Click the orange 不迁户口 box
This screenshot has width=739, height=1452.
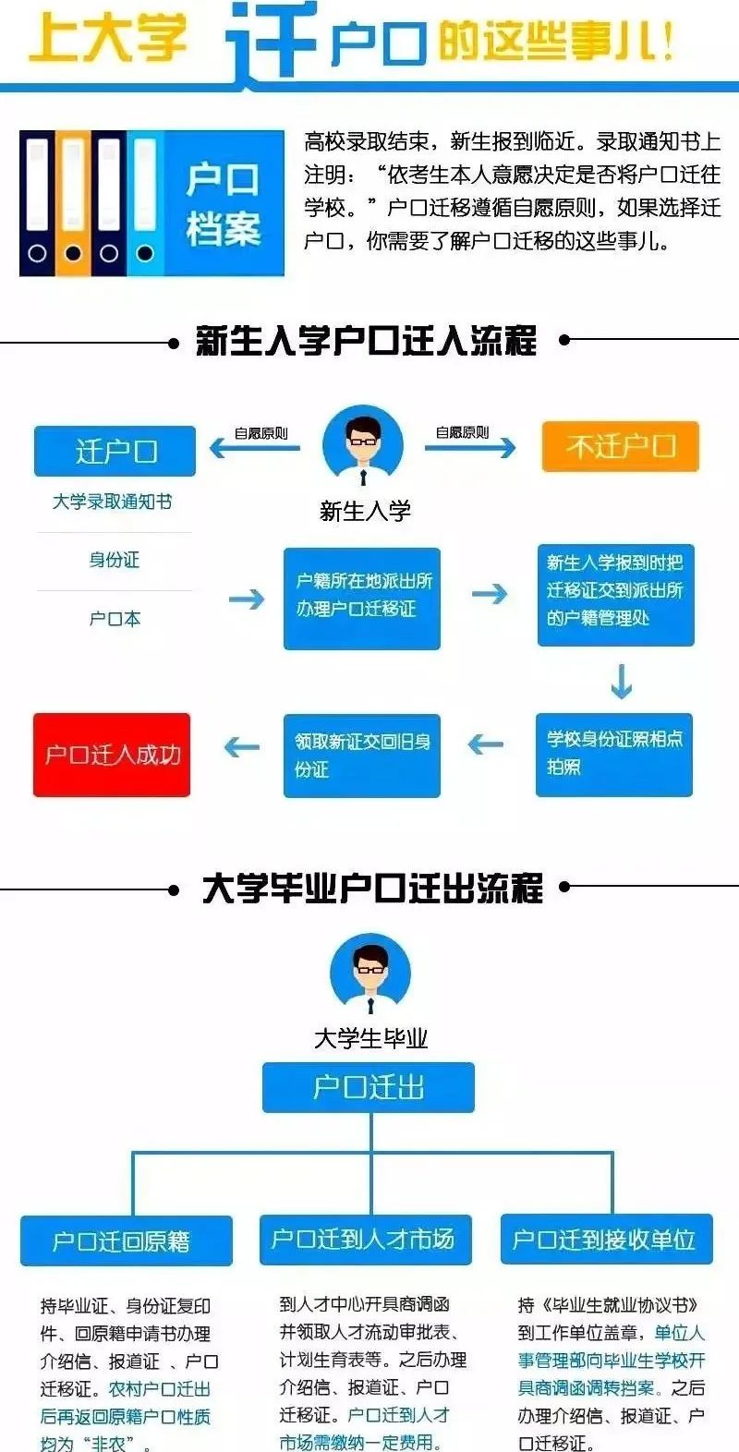tap(621, 446)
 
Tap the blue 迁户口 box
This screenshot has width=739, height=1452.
tap(115, 451)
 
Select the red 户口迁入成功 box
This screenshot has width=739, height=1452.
tap(112, 755)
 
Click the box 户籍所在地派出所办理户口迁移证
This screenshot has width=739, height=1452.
tap(362, 599)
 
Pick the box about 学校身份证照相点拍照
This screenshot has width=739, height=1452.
tap(614, 755)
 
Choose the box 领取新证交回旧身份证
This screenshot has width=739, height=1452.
tap(362, 756)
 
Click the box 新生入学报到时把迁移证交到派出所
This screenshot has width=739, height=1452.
tap(616, 595)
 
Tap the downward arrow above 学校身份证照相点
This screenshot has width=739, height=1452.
tap(622, 682)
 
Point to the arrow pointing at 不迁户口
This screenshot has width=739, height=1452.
tap(470, 447)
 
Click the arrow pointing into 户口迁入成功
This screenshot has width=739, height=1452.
tap(242, 747)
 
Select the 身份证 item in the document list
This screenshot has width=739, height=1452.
tap(115, 560)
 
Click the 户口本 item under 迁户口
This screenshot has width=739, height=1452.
tap(115, 619)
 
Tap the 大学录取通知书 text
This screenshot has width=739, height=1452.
tap(112, 501)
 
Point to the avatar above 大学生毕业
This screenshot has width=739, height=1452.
tap(370, 973)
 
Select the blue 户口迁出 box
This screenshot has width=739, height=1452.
tap(369, 1087)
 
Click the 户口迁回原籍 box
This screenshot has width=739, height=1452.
tap(127, 1240)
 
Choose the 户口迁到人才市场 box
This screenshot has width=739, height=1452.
tap(366, 1240)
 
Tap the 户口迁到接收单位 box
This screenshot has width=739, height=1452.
tap(607, 1240)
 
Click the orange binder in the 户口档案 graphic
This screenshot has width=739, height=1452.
tap(73, 203)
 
